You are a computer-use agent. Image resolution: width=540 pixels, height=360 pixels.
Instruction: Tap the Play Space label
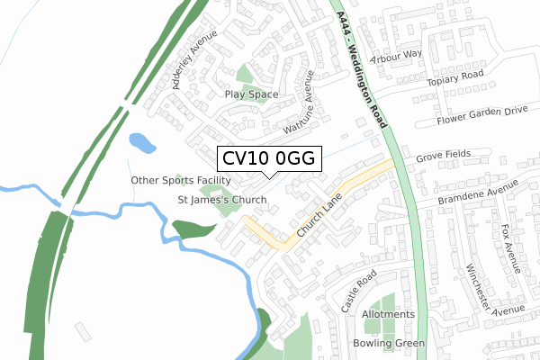251,94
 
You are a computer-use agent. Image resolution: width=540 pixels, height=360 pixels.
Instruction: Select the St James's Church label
220,199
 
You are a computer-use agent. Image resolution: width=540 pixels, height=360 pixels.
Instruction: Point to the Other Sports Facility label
175,180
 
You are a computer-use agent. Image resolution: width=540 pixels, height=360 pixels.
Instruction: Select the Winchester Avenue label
493,292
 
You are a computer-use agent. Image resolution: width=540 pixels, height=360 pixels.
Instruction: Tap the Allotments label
388,314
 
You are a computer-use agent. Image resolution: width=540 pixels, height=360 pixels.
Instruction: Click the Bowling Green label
388,343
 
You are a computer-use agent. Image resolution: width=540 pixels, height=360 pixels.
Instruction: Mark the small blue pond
142,142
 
